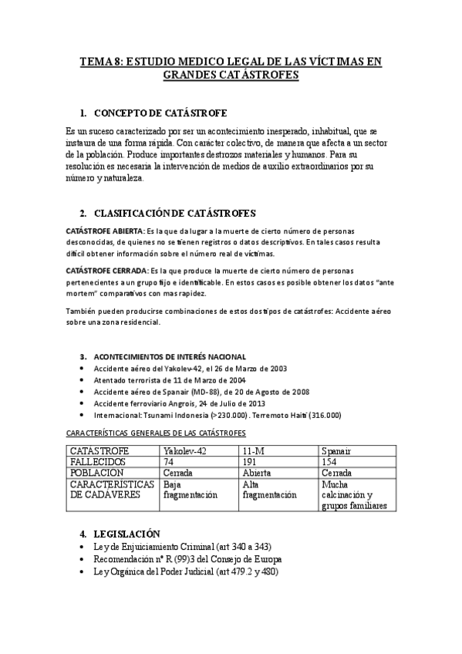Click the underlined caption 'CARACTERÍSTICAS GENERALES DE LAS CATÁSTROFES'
157,433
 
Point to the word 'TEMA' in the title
96,61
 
